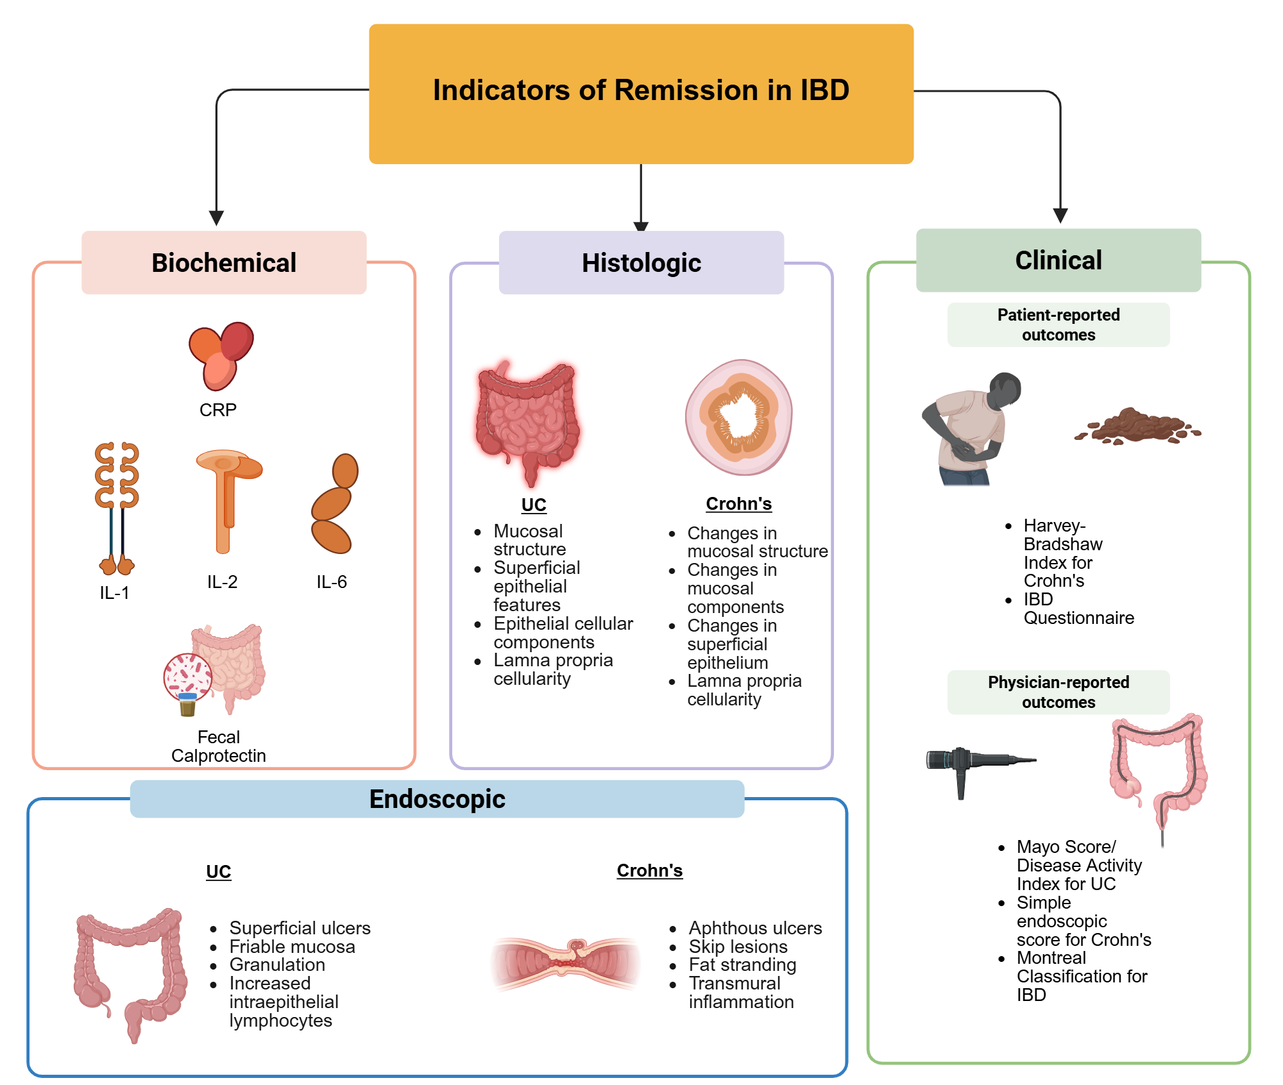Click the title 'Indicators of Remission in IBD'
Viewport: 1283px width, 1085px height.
641,90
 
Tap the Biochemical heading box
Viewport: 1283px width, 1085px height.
224,263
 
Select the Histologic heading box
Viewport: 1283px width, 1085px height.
641,263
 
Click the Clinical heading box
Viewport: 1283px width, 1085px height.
1058,260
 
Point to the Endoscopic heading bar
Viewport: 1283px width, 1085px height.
437,799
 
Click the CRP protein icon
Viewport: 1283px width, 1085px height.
221,356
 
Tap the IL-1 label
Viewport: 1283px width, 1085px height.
114,593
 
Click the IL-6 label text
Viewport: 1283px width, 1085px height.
331,582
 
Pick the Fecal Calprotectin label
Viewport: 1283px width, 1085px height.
219,746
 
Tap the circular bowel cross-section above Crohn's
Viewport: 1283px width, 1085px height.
739,417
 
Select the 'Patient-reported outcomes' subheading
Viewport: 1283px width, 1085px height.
1058,325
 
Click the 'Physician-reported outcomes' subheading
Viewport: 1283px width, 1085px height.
1058,693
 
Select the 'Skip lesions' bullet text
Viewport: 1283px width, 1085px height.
738,946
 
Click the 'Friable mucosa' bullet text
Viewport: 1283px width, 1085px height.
292,946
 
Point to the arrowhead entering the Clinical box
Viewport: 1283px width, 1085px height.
1060,215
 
